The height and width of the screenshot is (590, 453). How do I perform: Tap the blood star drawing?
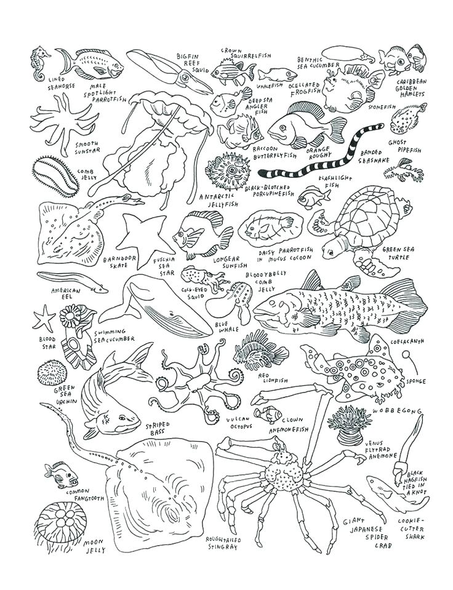click(44, 318)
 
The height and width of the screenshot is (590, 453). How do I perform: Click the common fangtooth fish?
click(60, 476)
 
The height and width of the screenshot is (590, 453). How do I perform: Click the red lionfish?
click(259, 350)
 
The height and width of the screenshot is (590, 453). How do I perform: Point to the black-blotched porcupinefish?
click(228, 170)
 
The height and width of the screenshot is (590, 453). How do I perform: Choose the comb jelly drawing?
click(55, 175)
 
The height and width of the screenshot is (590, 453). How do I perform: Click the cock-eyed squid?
click(204, 279)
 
